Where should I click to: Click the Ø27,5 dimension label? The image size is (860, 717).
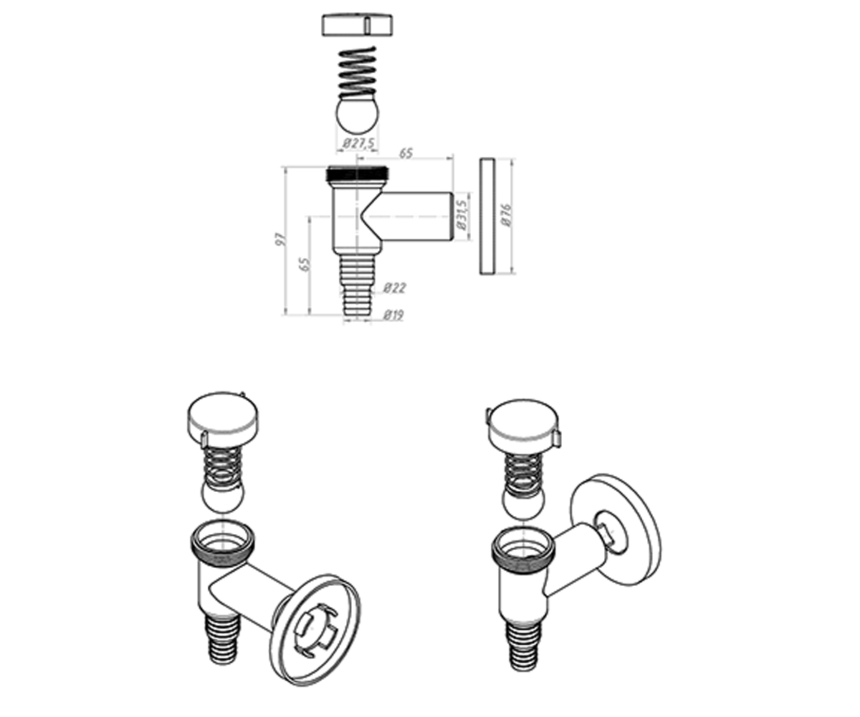[358, 143]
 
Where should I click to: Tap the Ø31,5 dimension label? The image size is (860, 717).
[462, 215]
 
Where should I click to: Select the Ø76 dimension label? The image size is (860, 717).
[506, 215]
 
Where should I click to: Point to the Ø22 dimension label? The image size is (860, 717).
[394, 288]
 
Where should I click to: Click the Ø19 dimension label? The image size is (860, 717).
[393, 315]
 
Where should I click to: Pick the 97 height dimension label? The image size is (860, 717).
[280, 239]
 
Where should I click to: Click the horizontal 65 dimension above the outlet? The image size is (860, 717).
[406, 153]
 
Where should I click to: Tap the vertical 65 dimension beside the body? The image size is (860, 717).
[305, 265]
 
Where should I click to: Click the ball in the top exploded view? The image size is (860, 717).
[358, 112]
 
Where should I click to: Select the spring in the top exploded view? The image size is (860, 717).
[357, 73]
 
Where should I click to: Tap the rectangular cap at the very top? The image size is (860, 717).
[357, 25]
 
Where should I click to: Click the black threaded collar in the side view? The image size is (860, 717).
[358, 174]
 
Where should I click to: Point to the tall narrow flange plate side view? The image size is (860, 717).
[487, 216]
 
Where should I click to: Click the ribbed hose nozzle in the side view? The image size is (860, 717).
[357, 286]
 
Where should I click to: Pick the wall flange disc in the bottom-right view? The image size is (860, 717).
[616, 531]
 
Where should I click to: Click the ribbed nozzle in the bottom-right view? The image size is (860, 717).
[523, 647]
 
